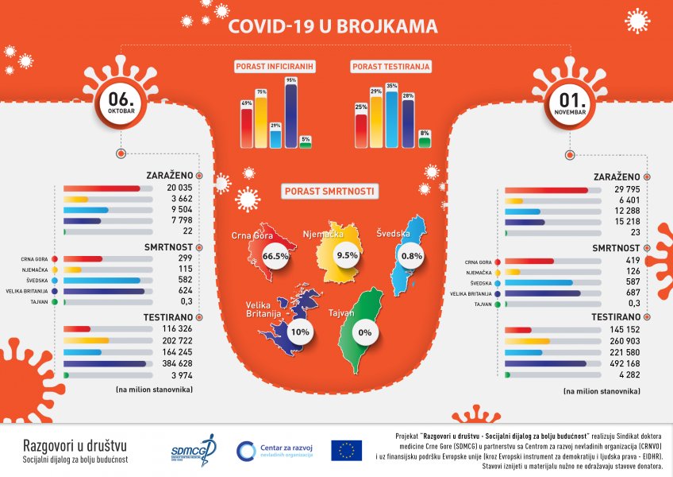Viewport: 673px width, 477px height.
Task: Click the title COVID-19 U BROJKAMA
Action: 333,26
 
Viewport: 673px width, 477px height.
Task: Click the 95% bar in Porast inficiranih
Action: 290,115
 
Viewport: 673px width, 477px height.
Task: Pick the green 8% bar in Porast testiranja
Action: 425,141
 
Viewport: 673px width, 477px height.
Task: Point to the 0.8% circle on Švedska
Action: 412,257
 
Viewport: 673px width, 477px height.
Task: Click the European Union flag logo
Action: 346,451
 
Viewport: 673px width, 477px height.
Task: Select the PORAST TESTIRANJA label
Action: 391,68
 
